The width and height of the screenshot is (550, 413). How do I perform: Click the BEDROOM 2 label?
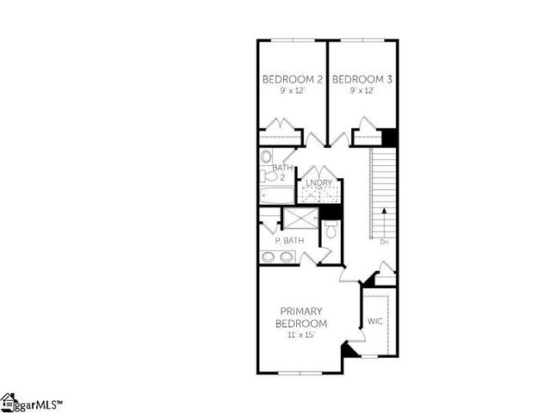pyautogui.click(x=293, y=80)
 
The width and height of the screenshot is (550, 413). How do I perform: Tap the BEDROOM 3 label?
pyautogui.click(x=362, y=80)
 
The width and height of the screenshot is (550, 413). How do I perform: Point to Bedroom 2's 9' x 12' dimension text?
pyautogui.click(x=292, y=91)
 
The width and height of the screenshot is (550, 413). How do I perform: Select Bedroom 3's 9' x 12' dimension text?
pyautogui.click(x=362, y=91)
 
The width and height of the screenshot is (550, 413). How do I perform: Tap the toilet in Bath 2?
pyautogui.click(x=266, y=157)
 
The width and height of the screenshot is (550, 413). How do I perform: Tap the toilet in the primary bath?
pyautogui.click(x=331, y=231)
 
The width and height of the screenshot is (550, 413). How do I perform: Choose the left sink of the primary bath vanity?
pyautogui.click(x=269, y=256)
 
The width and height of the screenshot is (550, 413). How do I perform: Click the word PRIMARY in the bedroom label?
pyautogui.click(x=300, y=311)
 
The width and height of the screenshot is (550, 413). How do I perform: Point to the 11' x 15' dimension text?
pyautogui.click(x=300, y=334)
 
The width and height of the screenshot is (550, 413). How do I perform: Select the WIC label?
pyautogui.click(x=374, y=322)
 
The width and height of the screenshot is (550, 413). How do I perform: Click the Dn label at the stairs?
pyautogui.click(x=384, y=242)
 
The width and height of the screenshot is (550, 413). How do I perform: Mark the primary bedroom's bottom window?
pyautogui.click(x=300, y=373)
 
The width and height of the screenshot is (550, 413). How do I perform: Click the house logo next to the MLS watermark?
pyautogui.click(x=9, y=402)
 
